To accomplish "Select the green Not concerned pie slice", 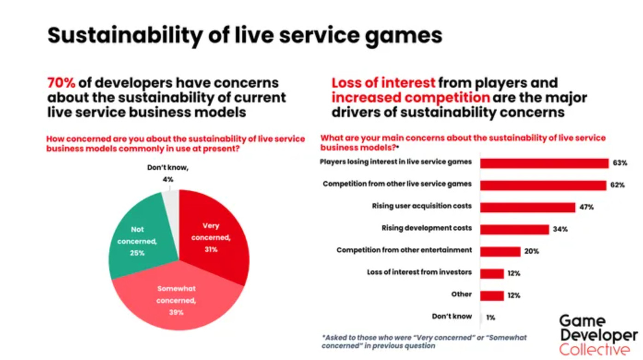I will (138, 240).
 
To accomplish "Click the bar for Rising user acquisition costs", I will (527, 207).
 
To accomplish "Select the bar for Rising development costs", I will (514, 229).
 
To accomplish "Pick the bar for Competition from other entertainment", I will (500, 252).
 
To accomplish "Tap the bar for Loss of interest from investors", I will (492, 274).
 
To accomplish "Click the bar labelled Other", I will (492, 295).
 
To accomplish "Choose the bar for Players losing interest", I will (544, 163).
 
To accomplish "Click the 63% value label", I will (619, 163).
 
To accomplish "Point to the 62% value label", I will (617, 185).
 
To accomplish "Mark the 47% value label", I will (586, 207).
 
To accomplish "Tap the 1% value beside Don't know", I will (490, 318).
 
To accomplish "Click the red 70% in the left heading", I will (61, 83).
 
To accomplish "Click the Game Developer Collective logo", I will (598, 335).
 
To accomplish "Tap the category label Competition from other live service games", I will (397, 184).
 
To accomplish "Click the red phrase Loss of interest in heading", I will (383, 83).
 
